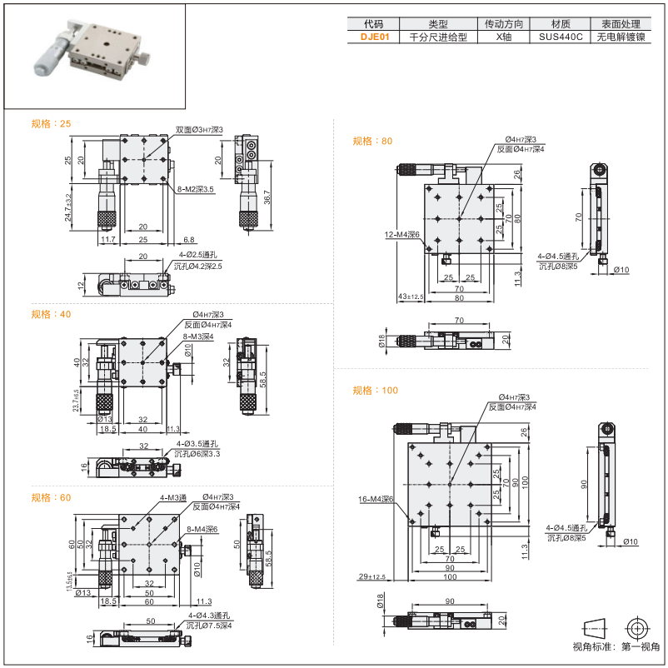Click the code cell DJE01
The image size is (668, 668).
(x=374, y=37)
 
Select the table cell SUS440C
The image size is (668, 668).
(x=560, y=37)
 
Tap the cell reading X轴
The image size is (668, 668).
(x=501, y=37)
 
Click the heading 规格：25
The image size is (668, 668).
(x=51, y=123)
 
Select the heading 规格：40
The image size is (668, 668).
(x=51, y=314)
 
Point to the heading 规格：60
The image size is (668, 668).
(x=51, y=497)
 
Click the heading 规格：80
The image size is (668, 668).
(x=372, y=141)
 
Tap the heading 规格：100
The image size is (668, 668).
(x=375, y=390)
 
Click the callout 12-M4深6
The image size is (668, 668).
(x=402, y=235)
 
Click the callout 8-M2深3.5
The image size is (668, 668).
(x=194, y=189)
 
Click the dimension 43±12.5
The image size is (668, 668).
(x=411, y=296)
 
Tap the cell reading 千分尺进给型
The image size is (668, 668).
(x=438, y=37)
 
